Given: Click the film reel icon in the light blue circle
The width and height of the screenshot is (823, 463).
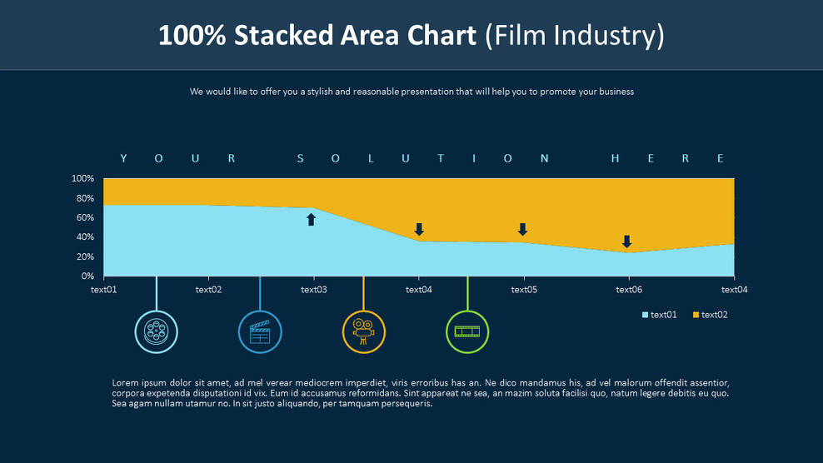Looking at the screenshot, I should click(x=156, y=331).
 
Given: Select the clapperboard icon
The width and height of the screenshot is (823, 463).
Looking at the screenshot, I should click(x=260, y=331).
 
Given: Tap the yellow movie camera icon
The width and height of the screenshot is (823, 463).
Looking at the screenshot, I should click(x=364, y=331).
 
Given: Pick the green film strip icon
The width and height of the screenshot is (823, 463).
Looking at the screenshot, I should click(x=467, y=331).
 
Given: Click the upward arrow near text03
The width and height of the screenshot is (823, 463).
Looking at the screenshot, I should click(x=312, y=219).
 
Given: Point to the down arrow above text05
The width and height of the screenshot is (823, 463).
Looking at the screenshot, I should click(x=523, y=229).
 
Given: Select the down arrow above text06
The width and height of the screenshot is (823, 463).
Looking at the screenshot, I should click(x=626, y=241).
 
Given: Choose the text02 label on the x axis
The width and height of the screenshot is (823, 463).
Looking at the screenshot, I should click(x=208, y=290).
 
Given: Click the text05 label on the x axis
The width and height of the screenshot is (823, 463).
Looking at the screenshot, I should click(x=524, y=290).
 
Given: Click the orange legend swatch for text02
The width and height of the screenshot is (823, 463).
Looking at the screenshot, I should click(x=696, y=315).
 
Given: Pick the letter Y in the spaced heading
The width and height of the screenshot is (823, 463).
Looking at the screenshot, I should click(x=123, y=158).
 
